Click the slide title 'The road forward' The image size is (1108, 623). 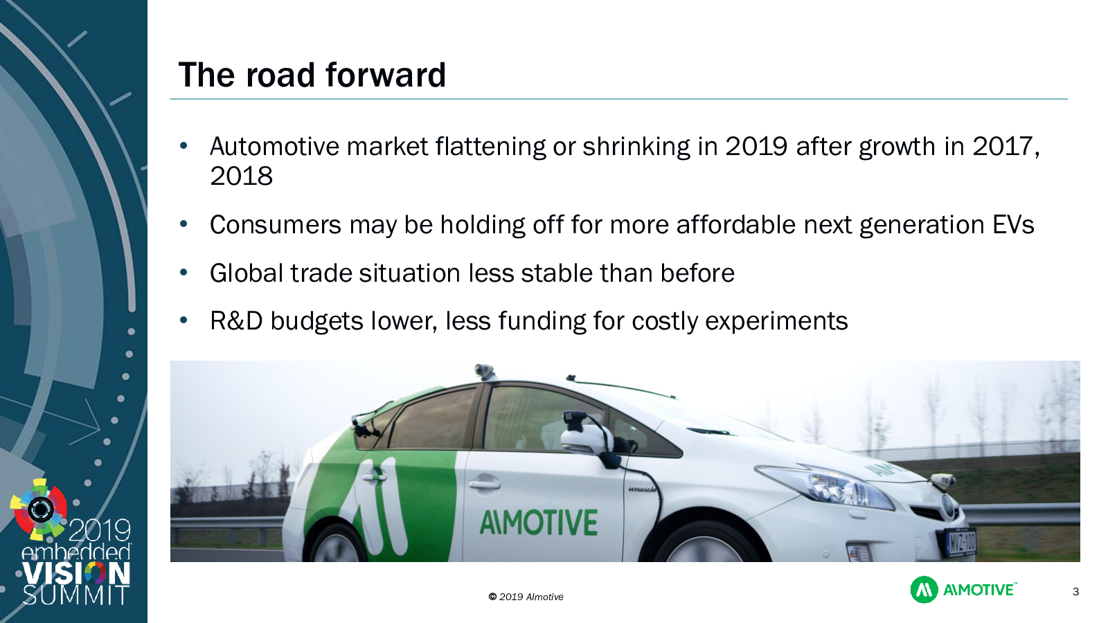click(x=312, y=75)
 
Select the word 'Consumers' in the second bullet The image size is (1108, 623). click(x=276, y=224)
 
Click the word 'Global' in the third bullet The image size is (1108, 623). click(x=246, y=273)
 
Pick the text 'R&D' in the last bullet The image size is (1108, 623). click(x=236, y=320)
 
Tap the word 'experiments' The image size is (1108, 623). click(x=776, y=321)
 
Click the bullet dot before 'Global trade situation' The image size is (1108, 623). click(x=184, y=273)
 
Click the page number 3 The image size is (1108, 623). click(x=1075, y=591)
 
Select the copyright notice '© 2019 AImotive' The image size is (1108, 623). click(x=526, y=597)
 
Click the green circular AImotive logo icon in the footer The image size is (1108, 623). click(x=924, y=589)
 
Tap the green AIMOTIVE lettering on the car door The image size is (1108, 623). click(x=539, y=523)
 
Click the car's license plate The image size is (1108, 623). click(x=962, y=543)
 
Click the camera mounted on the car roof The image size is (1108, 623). click(x=484, y=370)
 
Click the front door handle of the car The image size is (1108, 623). click(x=485, y=484)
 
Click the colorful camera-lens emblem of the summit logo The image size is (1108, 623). click(x=39, y=509)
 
